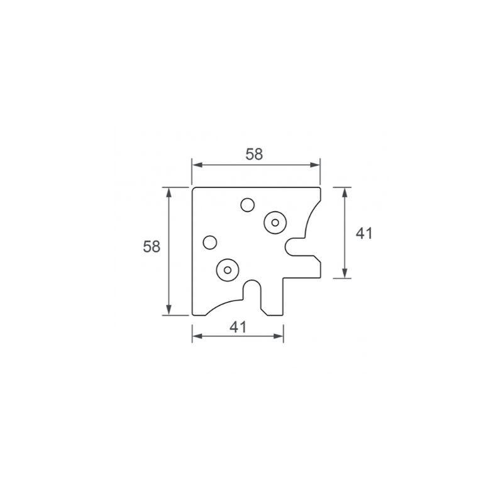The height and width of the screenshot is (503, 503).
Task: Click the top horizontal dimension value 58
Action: click(x=254, y=154)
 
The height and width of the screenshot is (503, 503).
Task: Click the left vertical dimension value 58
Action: click(x=152, y=246)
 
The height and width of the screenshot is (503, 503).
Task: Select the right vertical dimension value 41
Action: click(x=364, y=233)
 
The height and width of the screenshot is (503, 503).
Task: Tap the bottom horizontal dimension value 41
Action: click(x=238, y=327)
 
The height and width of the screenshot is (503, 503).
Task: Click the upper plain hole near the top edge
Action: click(x=248, y=205)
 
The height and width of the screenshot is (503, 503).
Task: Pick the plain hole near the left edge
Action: click(x=210, y=243)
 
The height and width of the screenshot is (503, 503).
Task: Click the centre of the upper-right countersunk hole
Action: click(x=275, y=223)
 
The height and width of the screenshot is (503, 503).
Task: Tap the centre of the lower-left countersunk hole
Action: click(x=228, y=270)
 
